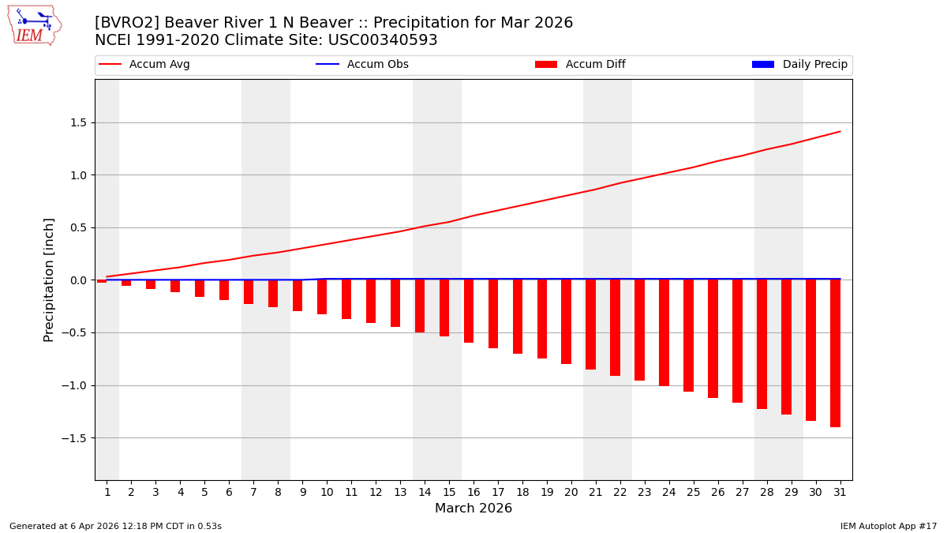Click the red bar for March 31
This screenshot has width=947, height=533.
pyautogui.click(x=835, y=353)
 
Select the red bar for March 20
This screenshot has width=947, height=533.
pyautogui.click(x=566, y=321)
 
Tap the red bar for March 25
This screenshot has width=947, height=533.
pyautogui.click(x=688, y=336)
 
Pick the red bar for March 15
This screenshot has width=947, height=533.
pyautogui.click(x=444, y=308)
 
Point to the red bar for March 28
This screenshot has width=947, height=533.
pyautogui.click(x=762, y=344)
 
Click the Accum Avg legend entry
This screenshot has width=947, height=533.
pyautogui.click(x=144, y=65)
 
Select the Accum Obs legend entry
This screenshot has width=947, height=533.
pyautogui.click(x=362, y=65)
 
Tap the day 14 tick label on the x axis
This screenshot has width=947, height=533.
pyautogui.click(x=425, y=492)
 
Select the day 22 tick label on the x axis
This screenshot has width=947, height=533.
pyautogui.click(x=619, y=492)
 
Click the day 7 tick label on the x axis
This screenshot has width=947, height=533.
pyautogui.click(x=253, y=492)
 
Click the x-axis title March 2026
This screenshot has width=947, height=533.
pyautogui.click(x=473, y=509)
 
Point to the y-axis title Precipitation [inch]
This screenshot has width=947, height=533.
pyautogui.click(x=49, y=280)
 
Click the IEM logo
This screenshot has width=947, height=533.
pyautogui.click(x=34, y=25)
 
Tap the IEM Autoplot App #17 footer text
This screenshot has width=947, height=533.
pyautogui.click(x=888, y=526)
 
